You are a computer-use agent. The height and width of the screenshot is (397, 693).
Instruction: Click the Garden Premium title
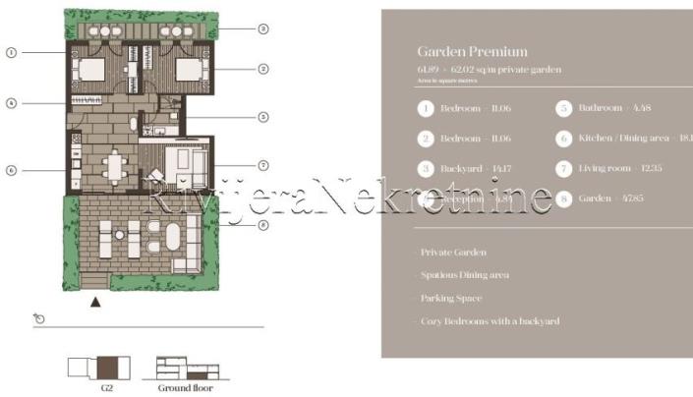click(x=472, y=51)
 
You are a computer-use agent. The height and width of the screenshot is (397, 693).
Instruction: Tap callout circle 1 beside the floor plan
click(x=11, y=51)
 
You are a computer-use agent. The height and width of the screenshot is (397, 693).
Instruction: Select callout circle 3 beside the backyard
click(x=263, y=28)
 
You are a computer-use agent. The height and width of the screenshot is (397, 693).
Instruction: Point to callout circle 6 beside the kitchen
click(x=11, y=169)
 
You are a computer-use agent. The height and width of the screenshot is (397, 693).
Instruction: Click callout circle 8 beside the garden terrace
click(x=263, y=225)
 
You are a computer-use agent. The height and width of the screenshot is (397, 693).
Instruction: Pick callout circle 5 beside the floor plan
click(x=263, y=117)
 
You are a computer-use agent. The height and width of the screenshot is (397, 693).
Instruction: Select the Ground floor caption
click(x=185, y=387)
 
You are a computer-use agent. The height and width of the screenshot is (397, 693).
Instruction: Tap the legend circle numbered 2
click(x=426, y=139)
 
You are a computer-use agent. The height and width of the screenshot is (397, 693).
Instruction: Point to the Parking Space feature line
click(x=451, y=298)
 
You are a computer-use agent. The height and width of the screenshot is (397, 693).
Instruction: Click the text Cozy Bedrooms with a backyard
click(x=490, y=320)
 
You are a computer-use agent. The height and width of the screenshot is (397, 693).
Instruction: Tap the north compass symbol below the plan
click(x=37, y=318)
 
